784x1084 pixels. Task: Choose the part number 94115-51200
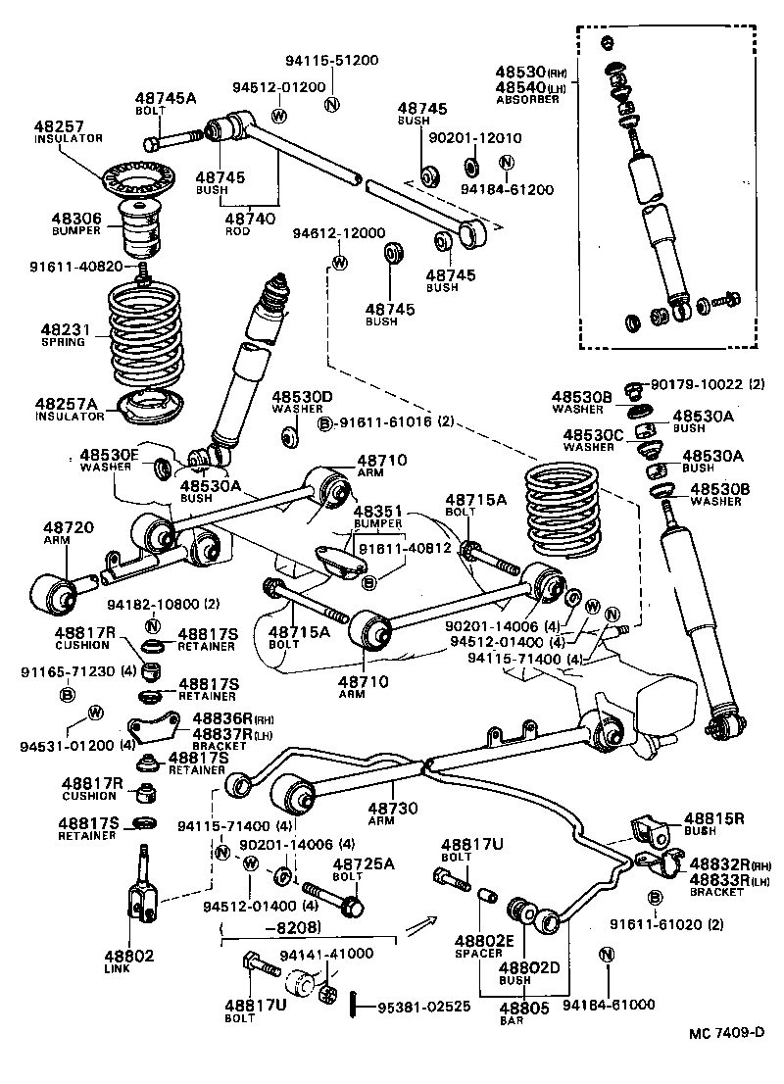coord(331,59)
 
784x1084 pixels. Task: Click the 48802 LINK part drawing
coord(144,888)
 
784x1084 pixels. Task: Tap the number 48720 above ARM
coord(69,526)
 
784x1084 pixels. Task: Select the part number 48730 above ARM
coord(395,809)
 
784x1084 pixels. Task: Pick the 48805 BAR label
coord(524,1007)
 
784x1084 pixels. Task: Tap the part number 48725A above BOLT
coord(363,863)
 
